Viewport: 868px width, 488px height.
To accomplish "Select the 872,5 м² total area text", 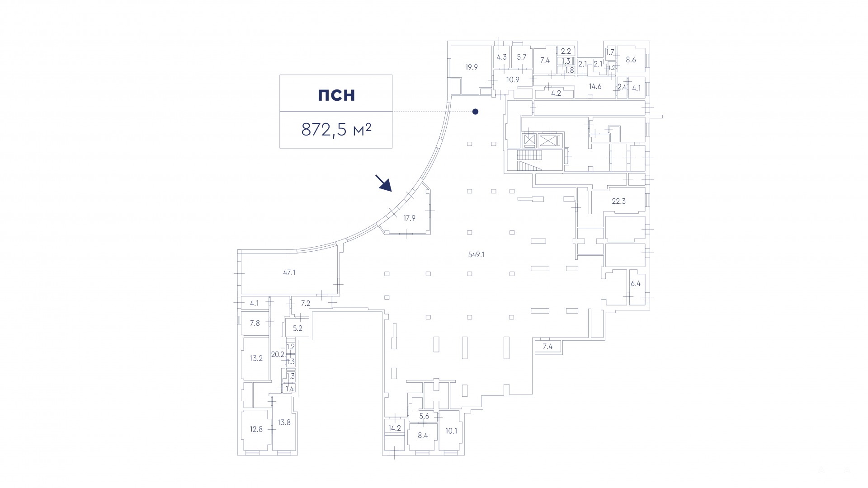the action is coord(336,130).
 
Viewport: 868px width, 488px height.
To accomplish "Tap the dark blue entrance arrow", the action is coord(383,183).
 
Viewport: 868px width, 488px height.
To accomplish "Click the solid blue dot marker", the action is coord(475,112).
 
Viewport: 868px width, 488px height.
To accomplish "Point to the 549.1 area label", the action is coord(476,254).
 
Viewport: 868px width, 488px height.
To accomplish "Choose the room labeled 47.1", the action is coord(289,272).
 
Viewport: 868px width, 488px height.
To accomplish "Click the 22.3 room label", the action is coord(618,201).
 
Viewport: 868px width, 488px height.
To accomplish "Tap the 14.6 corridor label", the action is coord(595,86).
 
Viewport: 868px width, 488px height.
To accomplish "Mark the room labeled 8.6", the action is coord(631,59).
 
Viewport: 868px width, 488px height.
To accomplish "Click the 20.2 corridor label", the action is coord(278,355).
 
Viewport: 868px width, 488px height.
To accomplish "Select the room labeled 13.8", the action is coord(284,422).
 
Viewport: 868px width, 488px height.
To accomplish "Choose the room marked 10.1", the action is coord(451,431).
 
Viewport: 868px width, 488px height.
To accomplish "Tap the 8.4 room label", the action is coord(423,436).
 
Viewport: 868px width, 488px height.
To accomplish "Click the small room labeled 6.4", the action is coord(636,284).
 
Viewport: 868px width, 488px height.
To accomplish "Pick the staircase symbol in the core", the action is coord(529,160).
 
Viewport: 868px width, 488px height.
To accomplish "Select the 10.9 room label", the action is coord(513,80).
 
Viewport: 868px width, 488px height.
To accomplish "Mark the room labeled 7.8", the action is coord(255,323).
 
